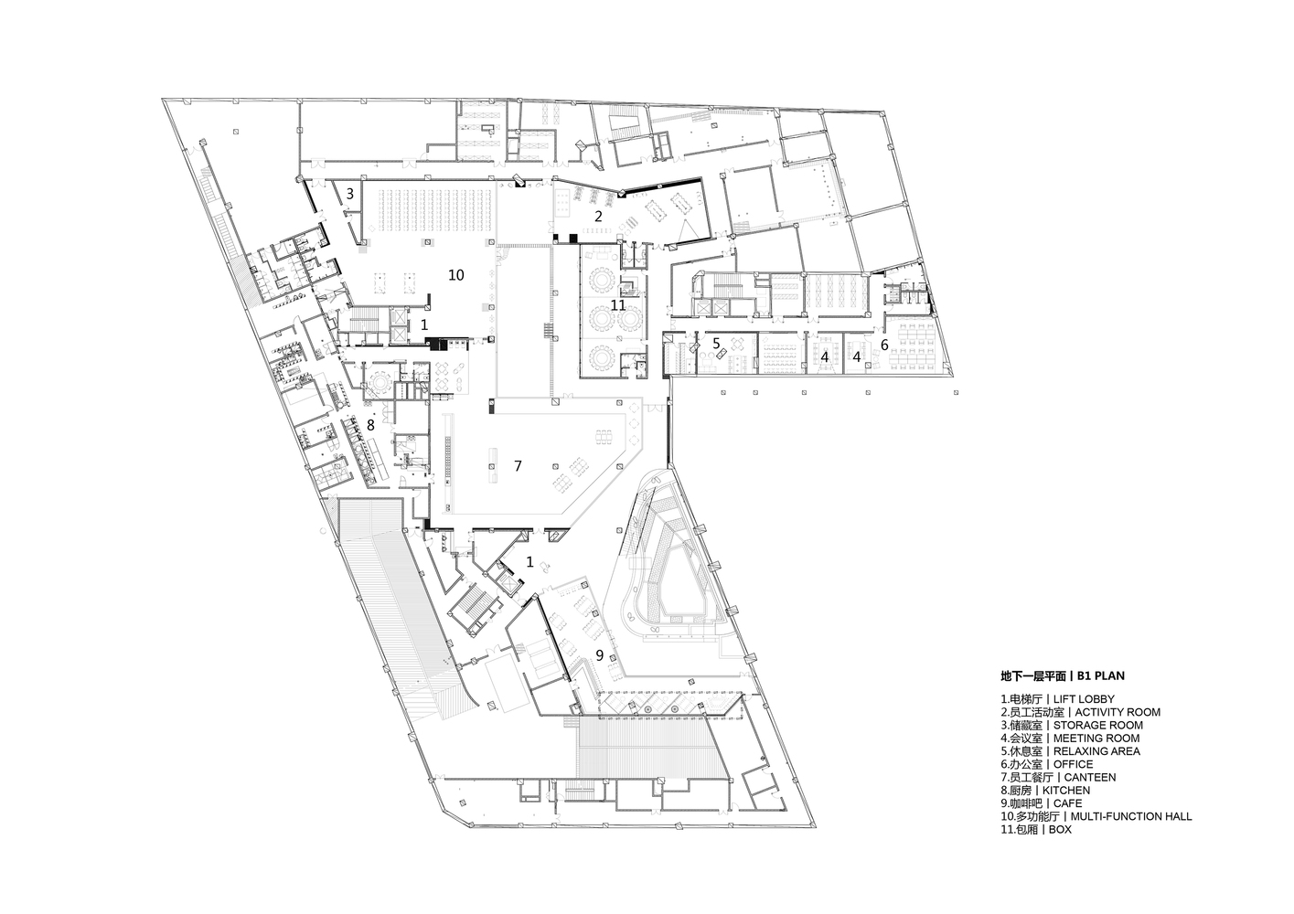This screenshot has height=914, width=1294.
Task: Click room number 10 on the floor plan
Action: point(455,275)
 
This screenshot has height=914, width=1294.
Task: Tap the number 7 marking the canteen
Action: point(518,465)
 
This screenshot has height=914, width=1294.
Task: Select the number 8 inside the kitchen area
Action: point(370,426)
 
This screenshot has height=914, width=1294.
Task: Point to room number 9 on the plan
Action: point(600,655)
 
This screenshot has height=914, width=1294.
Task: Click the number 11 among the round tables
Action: point(618,305)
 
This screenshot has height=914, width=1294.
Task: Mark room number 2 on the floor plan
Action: point(598,216)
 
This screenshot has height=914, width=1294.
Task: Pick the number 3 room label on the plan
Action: point(349,194)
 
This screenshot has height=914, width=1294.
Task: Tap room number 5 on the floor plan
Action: point(716,343)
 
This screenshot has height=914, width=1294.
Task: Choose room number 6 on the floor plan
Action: point(884,345)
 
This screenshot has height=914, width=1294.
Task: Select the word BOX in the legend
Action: point(1060,830)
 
